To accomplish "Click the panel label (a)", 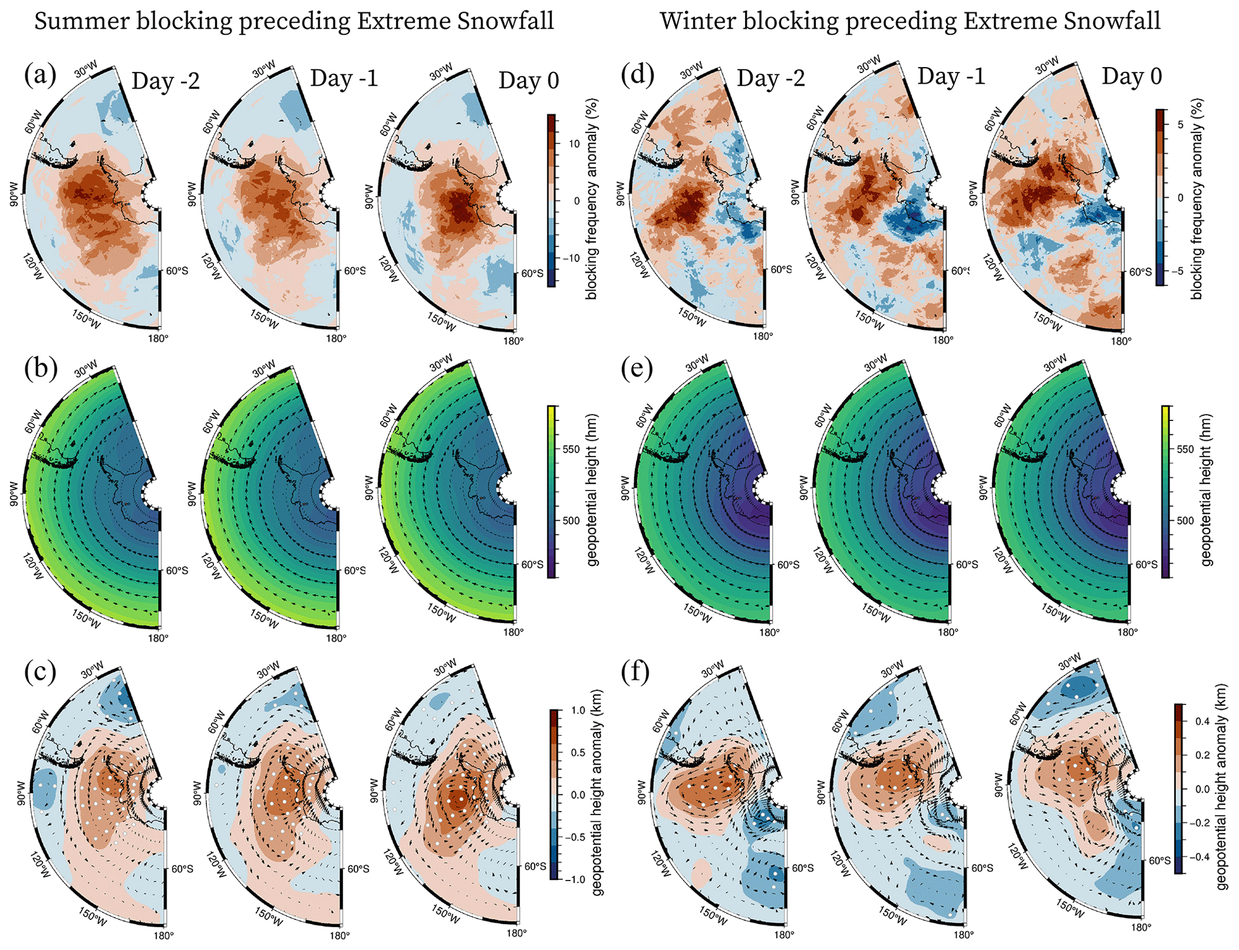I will [40, 75].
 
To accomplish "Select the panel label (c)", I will [40, 671].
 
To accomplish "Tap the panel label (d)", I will [638, 75].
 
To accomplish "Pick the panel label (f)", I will [637, 671].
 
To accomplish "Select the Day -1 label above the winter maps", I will [951, 77].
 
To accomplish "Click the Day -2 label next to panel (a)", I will [165, 80].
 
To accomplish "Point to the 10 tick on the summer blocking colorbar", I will [574, 144].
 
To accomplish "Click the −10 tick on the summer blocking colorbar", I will [571, 258].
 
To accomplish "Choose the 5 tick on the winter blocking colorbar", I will [1180, 125].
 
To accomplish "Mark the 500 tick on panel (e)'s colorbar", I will [1185, 521].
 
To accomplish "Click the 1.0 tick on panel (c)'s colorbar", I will [578, 710].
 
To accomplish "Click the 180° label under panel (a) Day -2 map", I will [158, 338].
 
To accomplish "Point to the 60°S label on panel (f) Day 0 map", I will [1160, 861].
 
